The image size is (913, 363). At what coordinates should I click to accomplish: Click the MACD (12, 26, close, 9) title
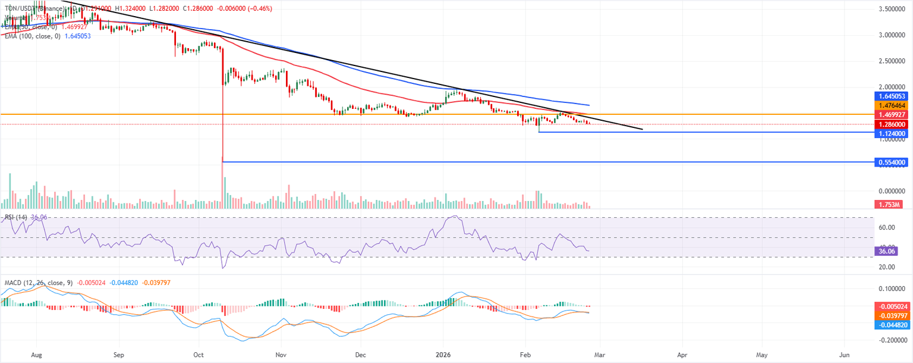coord(37,282)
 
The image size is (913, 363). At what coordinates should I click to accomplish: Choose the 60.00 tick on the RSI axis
coord(887,227)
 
